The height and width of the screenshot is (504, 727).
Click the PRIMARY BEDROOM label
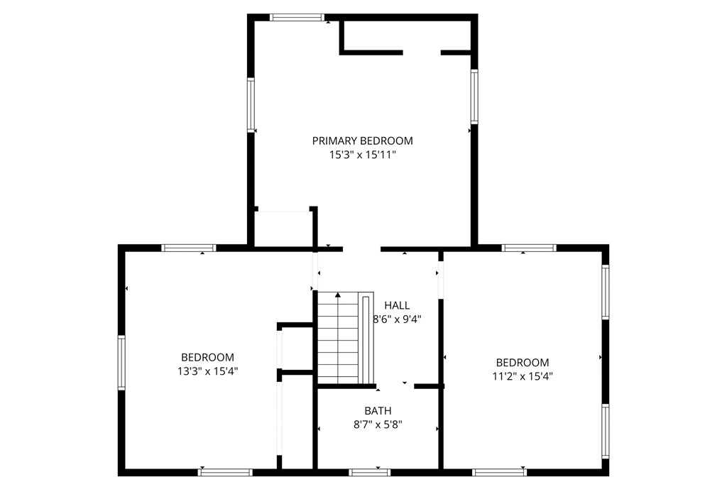(x=362, y=141)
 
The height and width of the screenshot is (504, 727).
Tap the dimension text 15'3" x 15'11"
(x=363, y=155)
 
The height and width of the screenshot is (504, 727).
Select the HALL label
(x=397, y=305)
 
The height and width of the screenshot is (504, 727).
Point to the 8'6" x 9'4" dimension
(x=397, y=319)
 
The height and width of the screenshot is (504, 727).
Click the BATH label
(x=378, y=410)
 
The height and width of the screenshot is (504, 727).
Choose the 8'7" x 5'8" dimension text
(x=378, y=424)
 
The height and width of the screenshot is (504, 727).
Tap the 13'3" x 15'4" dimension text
(x=208, y=371)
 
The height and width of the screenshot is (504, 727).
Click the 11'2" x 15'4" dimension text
(x=523, y=376)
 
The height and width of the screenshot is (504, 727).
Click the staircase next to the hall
(x=346, y=338)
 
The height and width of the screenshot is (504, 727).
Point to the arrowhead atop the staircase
(x=338, y=295)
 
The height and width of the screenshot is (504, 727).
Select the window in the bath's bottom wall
(x=369, y=473)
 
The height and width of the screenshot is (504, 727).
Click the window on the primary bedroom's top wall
(x=297, y=18)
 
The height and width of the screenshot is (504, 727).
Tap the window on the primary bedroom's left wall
(x=251, y=105)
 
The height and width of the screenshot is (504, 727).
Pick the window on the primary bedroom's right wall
(x=474, y=97)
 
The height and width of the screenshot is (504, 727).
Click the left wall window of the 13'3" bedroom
(x=121, y=363)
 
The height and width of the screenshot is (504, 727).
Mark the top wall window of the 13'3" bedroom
(x=189, y=248)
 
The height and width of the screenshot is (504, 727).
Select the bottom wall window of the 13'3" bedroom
(x=225, y=473)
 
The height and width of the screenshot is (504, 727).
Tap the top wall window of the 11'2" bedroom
(x=529, y=248)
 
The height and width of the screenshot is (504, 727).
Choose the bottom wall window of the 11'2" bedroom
(x=500, y=473)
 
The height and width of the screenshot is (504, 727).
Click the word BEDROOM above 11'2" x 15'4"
(x=523, y=362)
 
